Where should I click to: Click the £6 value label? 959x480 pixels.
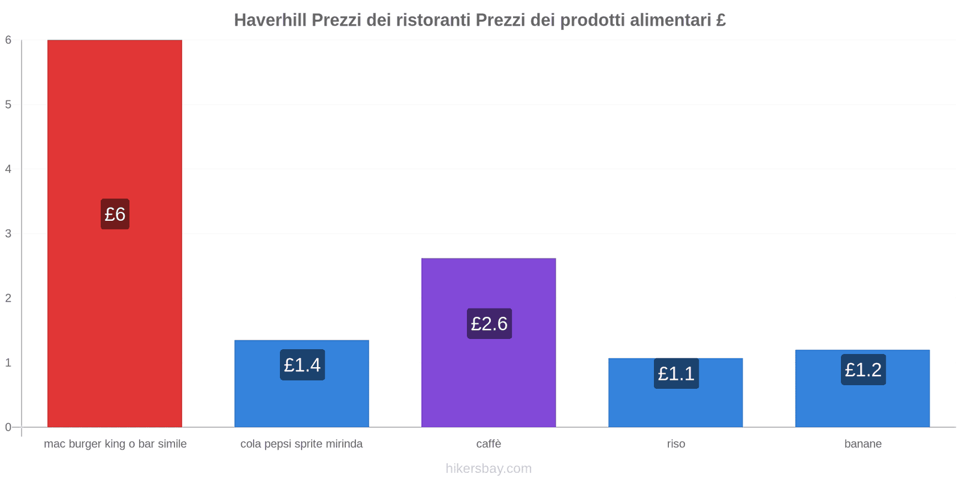point(115,214)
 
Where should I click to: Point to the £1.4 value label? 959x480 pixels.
point(302,365)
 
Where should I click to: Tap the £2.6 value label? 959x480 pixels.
point(489,324)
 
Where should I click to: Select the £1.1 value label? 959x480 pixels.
point(676,374)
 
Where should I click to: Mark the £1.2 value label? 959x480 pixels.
point(863,370)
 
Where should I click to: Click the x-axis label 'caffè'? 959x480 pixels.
point(488,444)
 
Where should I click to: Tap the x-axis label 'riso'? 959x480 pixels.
point(675,444)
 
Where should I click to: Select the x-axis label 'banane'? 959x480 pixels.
point(863,444)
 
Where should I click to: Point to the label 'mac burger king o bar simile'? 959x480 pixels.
point(115,444)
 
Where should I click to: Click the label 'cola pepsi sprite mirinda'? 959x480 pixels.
point(301,444)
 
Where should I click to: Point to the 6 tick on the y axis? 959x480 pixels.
point(8,40)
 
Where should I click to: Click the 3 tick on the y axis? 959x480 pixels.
point(8,234)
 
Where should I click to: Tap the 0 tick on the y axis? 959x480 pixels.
point(8,427)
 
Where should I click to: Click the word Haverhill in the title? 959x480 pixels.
point(270,20)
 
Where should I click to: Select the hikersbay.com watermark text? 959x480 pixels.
point(488,469)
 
